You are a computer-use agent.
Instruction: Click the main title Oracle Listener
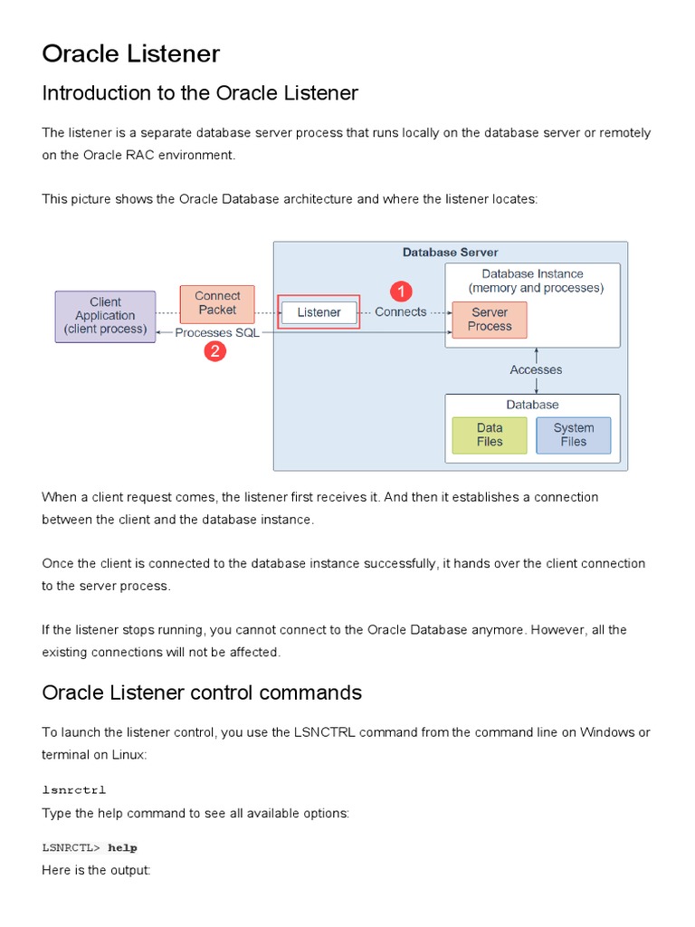click(x=130, y=54)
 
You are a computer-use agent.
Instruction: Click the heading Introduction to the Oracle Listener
click(x=200, y=93)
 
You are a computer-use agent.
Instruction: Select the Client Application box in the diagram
click(x=105, y=316)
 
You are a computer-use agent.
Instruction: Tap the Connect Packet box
click(x=217, y=303)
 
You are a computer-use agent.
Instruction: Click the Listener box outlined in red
click(x=319, y=313)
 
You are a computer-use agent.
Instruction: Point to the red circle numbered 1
click(x=401, y=291)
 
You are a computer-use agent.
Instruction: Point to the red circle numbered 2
click(x=215, y=352)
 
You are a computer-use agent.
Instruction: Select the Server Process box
click(x=490, y=320)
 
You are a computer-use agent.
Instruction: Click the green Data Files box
click(x=490, y=435)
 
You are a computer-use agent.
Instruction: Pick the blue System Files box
click(x=574, y=435)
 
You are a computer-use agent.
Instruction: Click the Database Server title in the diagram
click(x=450, y=253)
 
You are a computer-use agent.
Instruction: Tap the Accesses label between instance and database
click(x=536, y=369)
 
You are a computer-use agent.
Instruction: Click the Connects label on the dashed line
click(x=400, y=312)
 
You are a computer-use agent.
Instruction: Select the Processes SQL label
click(x=217, y=332)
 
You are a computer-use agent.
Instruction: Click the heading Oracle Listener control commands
click(x=202, y=693)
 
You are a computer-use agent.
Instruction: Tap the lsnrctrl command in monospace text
click(x=74, y=790)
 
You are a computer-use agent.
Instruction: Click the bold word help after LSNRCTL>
click(x=122, y=847)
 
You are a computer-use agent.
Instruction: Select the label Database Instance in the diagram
click(x=532, y=274)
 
